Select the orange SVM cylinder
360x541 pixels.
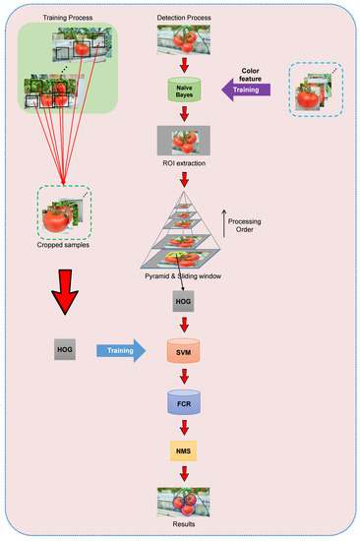[179, 351]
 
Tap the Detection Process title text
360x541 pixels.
[181, 19]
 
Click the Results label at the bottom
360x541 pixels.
[179, 526]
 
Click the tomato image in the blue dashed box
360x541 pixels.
[314, 90]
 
